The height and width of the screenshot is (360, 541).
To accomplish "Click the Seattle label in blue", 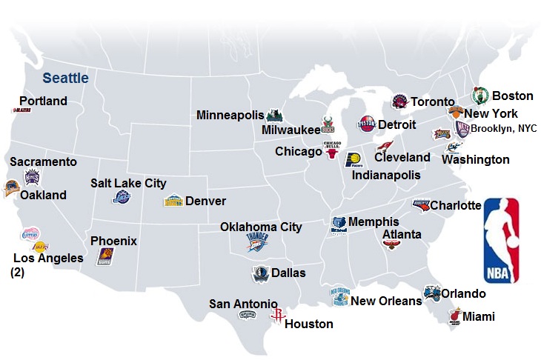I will pos(65,78).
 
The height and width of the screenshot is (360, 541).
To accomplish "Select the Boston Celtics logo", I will pos(480,96).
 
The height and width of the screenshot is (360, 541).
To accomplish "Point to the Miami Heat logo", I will pos(455,317).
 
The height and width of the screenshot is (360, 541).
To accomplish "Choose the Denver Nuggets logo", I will pos(173,201).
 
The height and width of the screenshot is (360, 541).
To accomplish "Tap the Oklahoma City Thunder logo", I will pos(256,241).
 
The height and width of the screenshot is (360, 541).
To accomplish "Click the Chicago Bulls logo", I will pos(331,150).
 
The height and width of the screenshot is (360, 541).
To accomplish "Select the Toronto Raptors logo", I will pos(400,101).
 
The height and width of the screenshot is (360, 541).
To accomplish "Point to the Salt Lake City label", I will pos(128,183).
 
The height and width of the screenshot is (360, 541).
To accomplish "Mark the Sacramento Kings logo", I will pos(32,177).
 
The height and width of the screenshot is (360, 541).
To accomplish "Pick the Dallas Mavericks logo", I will pos(259,273).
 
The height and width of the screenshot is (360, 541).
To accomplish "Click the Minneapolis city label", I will pos(230,115).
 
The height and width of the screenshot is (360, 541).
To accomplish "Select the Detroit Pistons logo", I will pos(367,124).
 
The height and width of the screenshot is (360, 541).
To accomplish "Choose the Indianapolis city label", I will pos(385,176).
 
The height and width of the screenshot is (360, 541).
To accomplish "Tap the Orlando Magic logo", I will pos(432,294).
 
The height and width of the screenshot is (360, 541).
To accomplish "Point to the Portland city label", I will pos(43,101).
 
